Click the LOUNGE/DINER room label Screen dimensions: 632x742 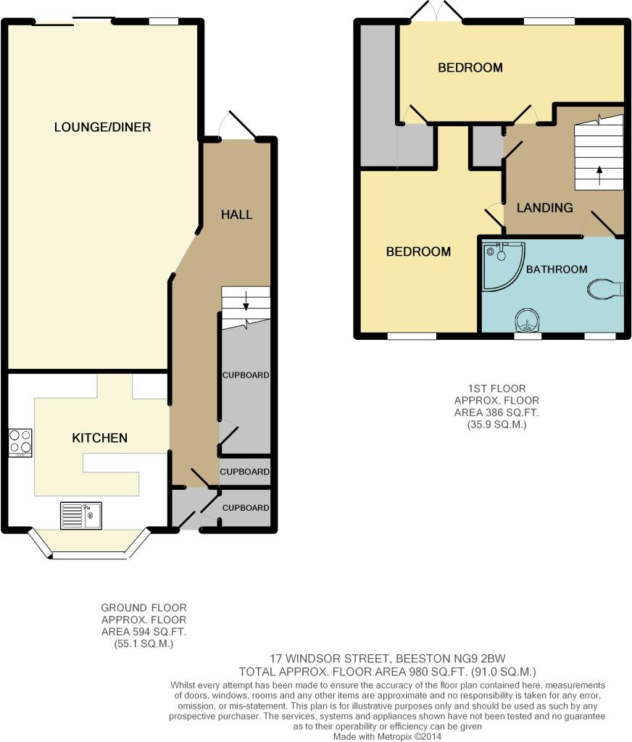point(102,127)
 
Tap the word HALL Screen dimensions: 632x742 point(237,214)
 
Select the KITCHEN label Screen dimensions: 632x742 point(99,438)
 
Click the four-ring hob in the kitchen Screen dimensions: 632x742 point(20,443)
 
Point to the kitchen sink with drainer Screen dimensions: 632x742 point(81,515)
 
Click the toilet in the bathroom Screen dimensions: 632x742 point(604,288)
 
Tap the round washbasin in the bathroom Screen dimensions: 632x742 point(527,322)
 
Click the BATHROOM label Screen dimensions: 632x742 point(557,270)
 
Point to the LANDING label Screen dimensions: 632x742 point(544,208)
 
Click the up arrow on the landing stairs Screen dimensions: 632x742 point(599,175)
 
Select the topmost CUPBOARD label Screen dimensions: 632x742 point(246,375)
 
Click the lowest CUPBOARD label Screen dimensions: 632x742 point(246,508)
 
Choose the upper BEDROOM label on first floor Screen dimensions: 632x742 point(470,67)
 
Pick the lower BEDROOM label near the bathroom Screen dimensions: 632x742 point(418,251)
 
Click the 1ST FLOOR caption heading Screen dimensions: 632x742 point(496,388)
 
